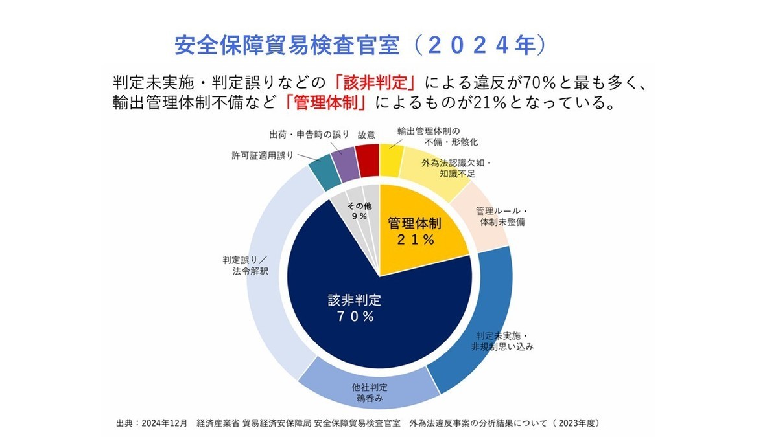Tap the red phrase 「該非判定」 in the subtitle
pos(375,84)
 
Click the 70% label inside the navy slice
pos(354,317)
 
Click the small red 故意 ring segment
pos(368,160)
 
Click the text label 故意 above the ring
pos(366,135)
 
